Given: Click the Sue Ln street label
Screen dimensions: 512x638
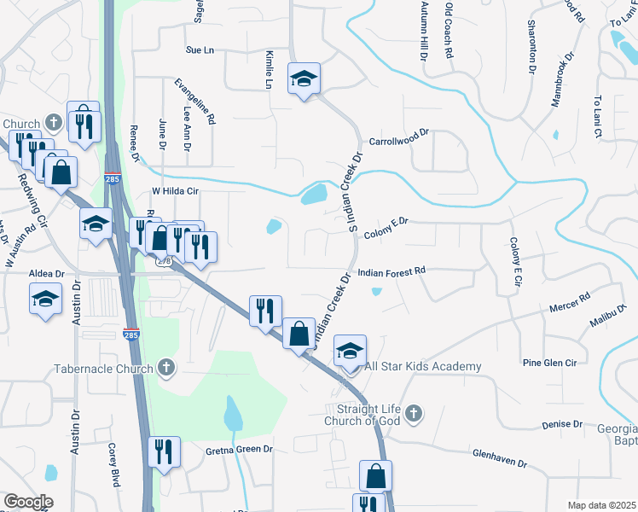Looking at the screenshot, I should pos(200,50).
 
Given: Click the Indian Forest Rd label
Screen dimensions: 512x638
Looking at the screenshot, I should pos(391,272).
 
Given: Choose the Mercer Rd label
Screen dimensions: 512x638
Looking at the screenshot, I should pos(570,302).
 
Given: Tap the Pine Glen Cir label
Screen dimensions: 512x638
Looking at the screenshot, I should pos(550,363).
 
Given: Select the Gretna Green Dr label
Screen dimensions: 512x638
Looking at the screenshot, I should pos(239,449).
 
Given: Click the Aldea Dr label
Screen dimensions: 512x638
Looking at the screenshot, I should pos(47,273).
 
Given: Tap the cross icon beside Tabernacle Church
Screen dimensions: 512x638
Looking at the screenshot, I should pos(166,368).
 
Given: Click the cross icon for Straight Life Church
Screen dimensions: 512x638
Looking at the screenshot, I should pos(413,414).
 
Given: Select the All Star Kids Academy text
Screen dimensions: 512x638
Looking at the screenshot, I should pos(423,367).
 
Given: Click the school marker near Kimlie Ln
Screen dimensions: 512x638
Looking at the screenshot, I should pos(303,79).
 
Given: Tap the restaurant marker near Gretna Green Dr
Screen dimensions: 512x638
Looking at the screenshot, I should pos(163,452).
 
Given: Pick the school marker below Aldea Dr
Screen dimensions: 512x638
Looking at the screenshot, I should pos(45,300).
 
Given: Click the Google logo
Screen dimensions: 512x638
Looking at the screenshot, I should pos(27,502).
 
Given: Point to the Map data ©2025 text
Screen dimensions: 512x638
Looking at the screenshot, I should pos(600,506).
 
